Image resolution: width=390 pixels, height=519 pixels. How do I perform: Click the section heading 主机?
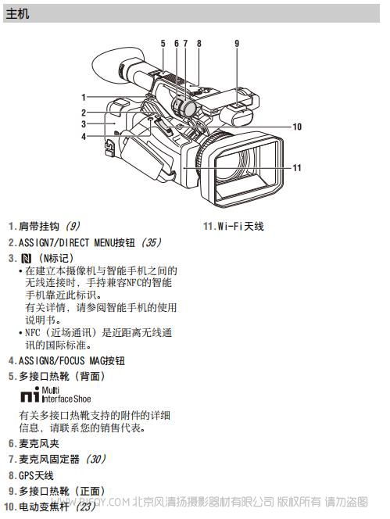tap(18, 14)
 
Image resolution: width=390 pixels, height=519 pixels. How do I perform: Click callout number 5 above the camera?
tap(163, 43)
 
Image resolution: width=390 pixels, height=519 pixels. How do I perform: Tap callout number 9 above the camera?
tap(237, 43)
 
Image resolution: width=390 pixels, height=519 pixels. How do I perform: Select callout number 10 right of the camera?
tap(297, 127)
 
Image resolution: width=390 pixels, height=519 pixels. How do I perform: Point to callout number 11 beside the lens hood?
tap(297, 168)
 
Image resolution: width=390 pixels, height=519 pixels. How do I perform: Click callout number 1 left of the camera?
tap(84, 97)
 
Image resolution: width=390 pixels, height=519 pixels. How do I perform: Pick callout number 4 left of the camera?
tap(84, 136)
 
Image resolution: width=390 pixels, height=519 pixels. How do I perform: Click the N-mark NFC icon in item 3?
tap(26, 259)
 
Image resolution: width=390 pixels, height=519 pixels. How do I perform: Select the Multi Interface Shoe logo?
tap(55, 395)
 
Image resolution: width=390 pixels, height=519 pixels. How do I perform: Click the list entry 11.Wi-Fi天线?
tap(234, 227)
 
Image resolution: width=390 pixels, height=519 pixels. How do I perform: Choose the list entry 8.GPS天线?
tap(30, 476)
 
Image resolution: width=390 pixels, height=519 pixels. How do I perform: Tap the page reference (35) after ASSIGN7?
tap(151, 242)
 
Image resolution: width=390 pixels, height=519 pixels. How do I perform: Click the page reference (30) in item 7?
tap(95, 459)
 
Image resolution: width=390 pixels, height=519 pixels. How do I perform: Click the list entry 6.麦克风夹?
tap(34, 443)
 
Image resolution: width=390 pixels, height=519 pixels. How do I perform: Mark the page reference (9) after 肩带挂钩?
tap(73, 227)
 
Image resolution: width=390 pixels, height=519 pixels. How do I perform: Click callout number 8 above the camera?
tap(199, 43)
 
